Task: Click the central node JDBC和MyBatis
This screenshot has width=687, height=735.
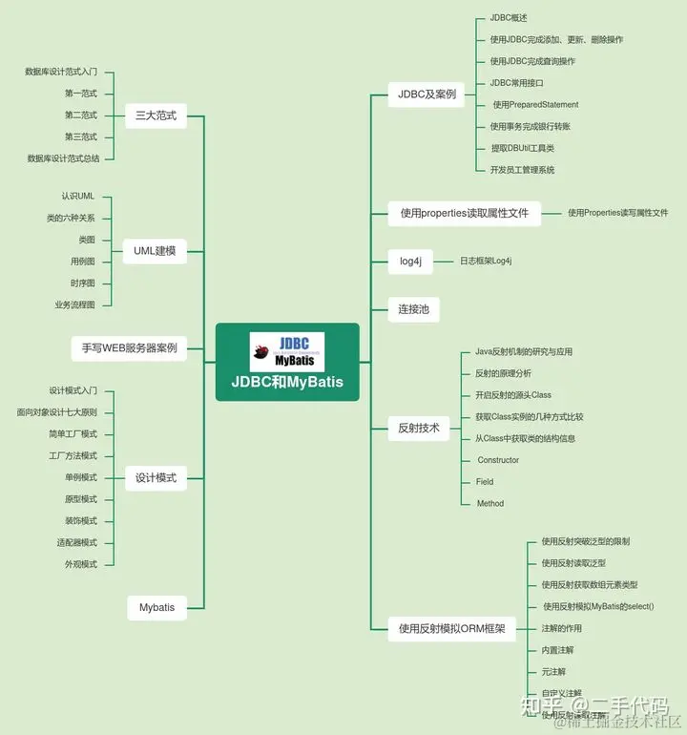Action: point(286,382)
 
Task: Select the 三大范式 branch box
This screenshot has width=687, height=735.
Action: point(156,115)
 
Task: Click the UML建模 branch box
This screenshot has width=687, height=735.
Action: point(156,250)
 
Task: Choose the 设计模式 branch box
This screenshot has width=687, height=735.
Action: point(156,477)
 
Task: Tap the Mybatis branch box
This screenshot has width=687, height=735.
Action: point(156,607)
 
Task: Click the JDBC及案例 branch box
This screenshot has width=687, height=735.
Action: point(427,94)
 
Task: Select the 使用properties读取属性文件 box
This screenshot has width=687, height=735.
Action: point(464,213)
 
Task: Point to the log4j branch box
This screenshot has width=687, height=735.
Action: point(411,261)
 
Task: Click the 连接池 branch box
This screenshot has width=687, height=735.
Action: point(413,308)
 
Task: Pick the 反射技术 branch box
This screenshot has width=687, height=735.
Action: point(419,429)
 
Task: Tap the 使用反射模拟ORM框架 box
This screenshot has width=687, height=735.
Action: point(451,628)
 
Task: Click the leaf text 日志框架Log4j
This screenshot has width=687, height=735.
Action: point(486,261)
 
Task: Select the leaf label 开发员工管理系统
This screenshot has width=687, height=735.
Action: point(522,170)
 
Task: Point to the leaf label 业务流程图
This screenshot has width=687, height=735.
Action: point(74,304)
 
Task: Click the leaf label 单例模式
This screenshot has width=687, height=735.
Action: point(81,477)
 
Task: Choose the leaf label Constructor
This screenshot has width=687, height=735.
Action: point(498,460)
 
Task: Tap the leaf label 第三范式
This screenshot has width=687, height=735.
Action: point(81,136)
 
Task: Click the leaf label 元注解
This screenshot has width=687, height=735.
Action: point(553,672)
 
